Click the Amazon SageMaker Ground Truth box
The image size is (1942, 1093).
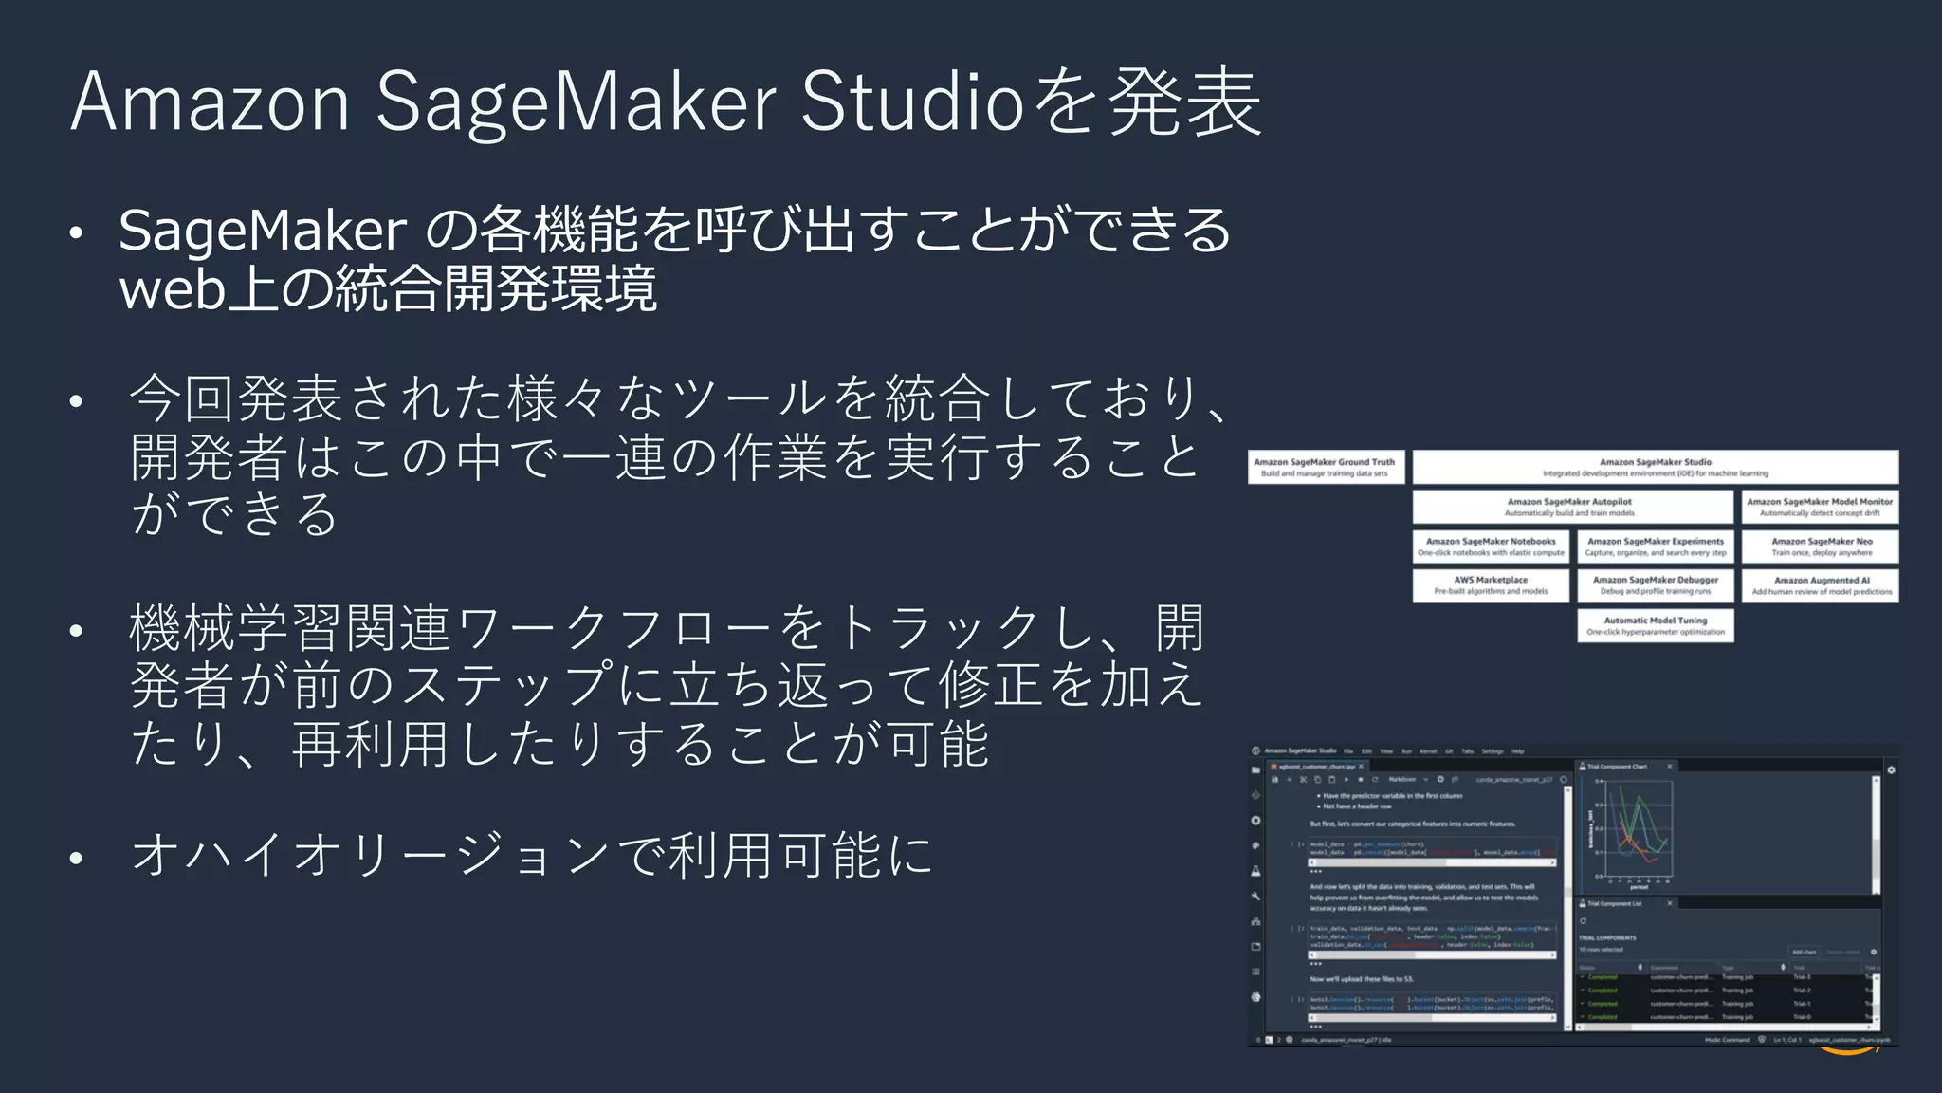tap(1325, 467)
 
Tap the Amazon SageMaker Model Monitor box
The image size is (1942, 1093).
tap(1820, 507)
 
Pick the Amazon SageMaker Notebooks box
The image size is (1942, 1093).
tap(1491, 546)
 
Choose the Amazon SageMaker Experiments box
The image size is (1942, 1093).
tap(1656, 546)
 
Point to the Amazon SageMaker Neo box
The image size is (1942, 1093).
tap(1821, 546)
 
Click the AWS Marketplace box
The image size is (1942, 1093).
tap(1491, 585)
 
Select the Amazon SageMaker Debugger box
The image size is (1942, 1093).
tap(1656, 585)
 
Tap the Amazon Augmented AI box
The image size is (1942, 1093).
tap(1821, 585)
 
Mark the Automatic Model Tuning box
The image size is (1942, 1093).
tap(1656, 625)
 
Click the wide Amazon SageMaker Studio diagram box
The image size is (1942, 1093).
tap(1655, 467)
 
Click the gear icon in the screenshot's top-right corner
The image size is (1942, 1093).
tap(1891, 769)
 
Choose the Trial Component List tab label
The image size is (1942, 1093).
tap(1615, 903)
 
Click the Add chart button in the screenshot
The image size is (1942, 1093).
tap(1804, 952)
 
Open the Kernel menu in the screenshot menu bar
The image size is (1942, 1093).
tap(1427, 751)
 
